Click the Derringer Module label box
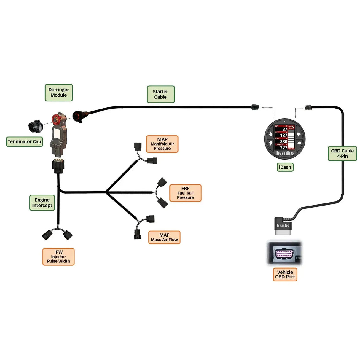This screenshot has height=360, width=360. [59, 93]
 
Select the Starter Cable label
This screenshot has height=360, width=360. [160, 94]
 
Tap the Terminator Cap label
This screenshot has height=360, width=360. [24, 142]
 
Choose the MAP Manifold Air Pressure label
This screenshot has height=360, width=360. [162, 144]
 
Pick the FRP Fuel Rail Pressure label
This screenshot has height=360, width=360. [185, 193]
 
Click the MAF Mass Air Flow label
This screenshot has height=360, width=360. [164, 237]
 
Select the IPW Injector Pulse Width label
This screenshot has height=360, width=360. [58, 257]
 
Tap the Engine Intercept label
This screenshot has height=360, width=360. [42, 203]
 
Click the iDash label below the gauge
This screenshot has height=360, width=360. [285, 167]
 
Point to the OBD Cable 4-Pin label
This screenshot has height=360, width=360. [342, 153]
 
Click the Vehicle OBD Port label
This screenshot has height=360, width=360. [285, 274]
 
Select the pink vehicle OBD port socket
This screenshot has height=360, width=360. [284, 254]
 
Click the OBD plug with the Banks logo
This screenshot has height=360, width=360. [283, 226]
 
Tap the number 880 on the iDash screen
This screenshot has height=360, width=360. [283, 142]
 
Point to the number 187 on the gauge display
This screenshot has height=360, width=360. [283, 136]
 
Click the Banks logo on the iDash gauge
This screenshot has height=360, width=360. [285, 153]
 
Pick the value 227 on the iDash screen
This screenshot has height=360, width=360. [283, 148]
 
